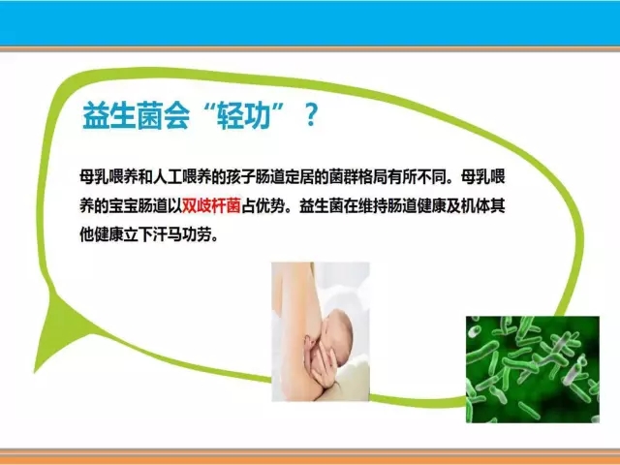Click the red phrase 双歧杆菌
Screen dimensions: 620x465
211,206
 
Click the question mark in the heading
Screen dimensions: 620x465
312,115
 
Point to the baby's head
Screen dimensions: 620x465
337,329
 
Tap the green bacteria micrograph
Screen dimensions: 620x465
533,369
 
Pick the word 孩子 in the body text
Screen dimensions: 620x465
240,176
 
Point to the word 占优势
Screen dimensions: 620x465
263,206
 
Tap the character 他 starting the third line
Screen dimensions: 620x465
86,235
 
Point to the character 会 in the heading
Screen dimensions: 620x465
176,116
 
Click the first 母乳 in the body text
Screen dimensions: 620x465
94,176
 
